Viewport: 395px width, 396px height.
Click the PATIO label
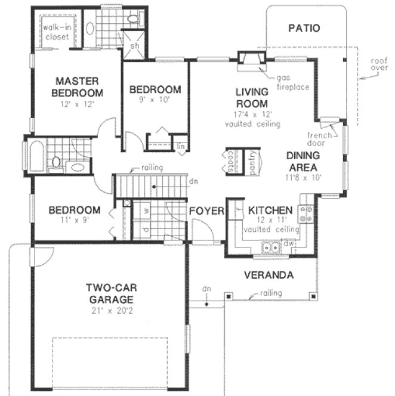tap(304, 27)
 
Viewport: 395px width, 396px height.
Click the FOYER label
tap(206, 211)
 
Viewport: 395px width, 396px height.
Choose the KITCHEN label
tap(270, 211)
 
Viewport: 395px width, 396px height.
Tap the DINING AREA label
tap(303, 161)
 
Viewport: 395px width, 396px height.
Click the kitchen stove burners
tap(307, 214)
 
